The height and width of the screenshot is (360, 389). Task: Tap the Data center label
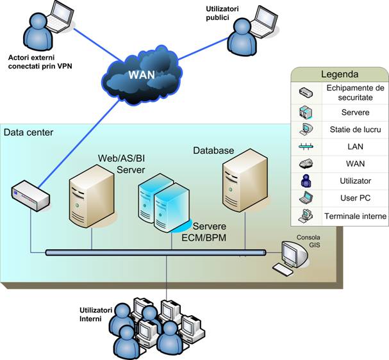click(x=29, y=133)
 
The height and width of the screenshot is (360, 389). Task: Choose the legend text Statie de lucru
click(x=354, y=129)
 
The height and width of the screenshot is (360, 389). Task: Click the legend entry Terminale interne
click(x=354, y=217)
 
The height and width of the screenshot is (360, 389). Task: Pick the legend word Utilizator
click(x=354, y=181)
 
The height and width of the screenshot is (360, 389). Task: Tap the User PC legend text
click(x=354, y=199)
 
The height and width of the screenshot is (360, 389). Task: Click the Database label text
click(x=213, y=151)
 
